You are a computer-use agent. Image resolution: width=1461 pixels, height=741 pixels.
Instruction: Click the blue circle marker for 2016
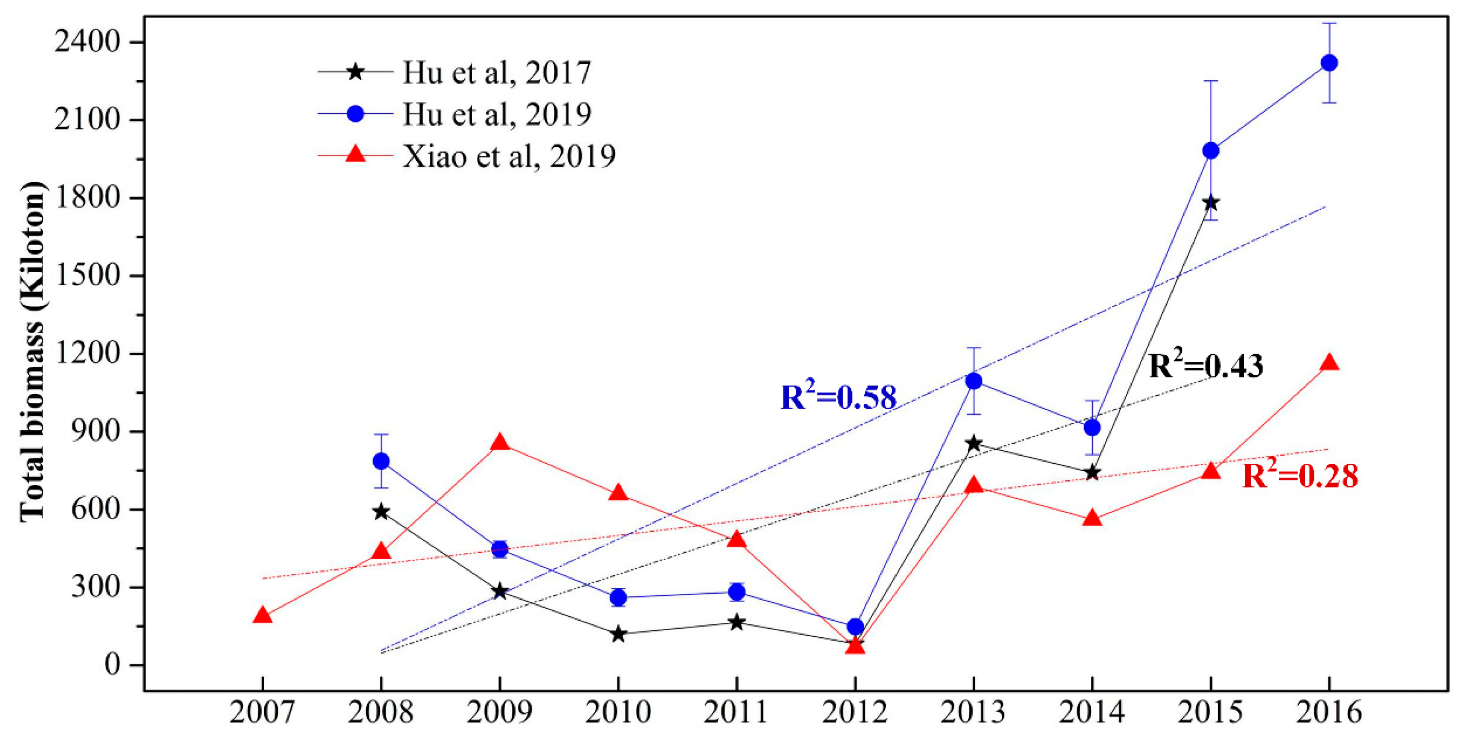click(x=1329, y=63)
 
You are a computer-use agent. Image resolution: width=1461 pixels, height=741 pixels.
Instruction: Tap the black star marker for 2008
click(x=381, y=512)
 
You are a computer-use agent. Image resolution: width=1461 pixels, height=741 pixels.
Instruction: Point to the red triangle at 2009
click(x=500, y=443)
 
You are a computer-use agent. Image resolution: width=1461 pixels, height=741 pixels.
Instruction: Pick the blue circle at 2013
click(x=974, y=381)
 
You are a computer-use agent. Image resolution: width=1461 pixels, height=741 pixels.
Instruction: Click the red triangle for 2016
click(x=1329, y=363)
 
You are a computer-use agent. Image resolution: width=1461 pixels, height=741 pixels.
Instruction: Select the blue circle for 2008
click(x=381, y=461)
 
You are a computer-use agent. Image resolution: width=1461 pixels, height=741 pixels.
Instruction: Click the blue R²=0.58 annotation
click(x=838, y=397)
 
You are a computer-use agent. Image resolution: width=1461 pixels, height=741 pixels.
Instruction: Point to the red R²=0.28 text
click(x=1300, y=475)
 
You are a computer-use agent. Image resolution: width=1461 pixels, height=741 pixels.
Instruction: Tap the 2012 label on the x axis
click(x=855, y=713)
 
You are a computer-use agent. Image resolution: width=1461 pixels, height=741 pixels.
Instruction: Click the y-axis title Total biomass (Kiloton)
click(x=32, y=352)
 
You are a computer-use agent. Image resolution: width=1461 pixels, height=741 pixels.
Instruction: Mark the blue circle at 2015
click(x=1211, y=150)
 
